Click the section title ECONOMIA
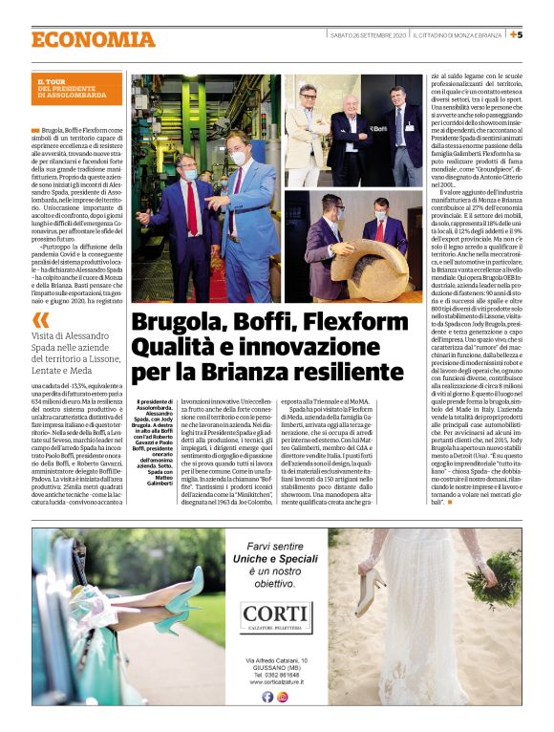93,39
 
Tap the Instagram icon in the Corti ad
284,696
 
